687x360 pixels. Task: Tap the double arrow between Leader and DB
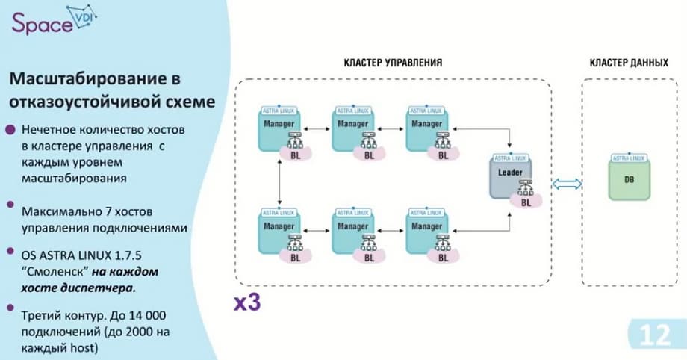point(565,185)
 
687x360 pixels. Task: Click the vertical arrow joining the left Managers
point(279,180)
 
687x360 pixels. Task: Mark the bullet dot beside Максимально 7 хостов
point(10,203)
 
